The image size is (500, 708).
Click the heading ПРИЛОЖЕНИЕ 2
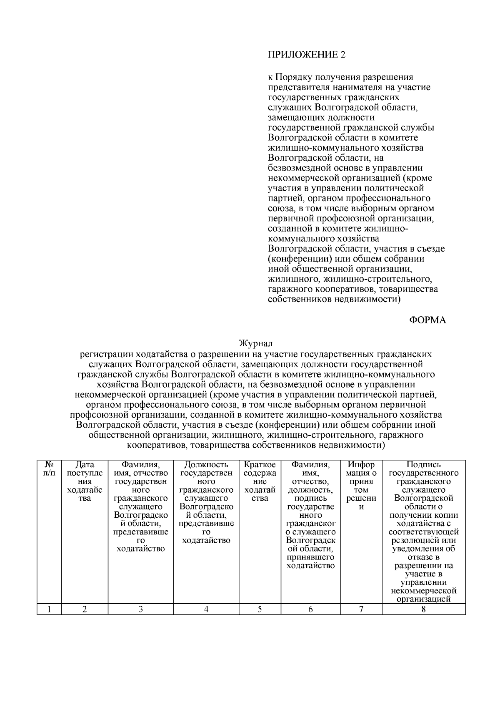click(x=306, y=55)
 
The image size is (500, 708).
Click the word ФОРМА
click(x=427, y=320)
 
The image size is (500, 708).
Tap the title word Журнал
click(x=256, y=344)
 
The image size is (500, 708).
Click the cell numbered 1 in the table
click(x=49, y=609)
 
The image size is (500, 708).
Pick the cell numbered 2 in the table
click(x=85, y=609)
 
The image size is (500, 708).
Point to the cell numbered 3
click(x=140, y=609)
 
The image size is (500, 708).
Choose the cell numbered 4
click(x=206, y=609)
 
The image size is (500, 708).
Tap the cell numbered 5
click(x=260, y=609)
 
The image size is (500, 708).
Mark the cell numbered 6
click(x=310, y=609)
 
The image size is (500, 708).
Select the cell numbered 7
click(x=361, y=609)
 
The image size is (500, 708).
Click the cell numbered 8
click(x=423, y=609)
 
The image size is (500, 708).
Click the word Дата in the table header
click(x=85, y=464)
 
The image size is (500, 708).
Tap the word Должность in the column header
click(x=206, y=464)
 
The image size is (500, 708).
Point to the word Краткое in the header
click(x=260, y=464)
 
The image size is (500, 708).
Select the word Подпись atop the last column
click(x=423, y=464)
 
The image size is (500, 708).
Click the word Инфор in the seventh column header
click(x=361, y=464)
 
